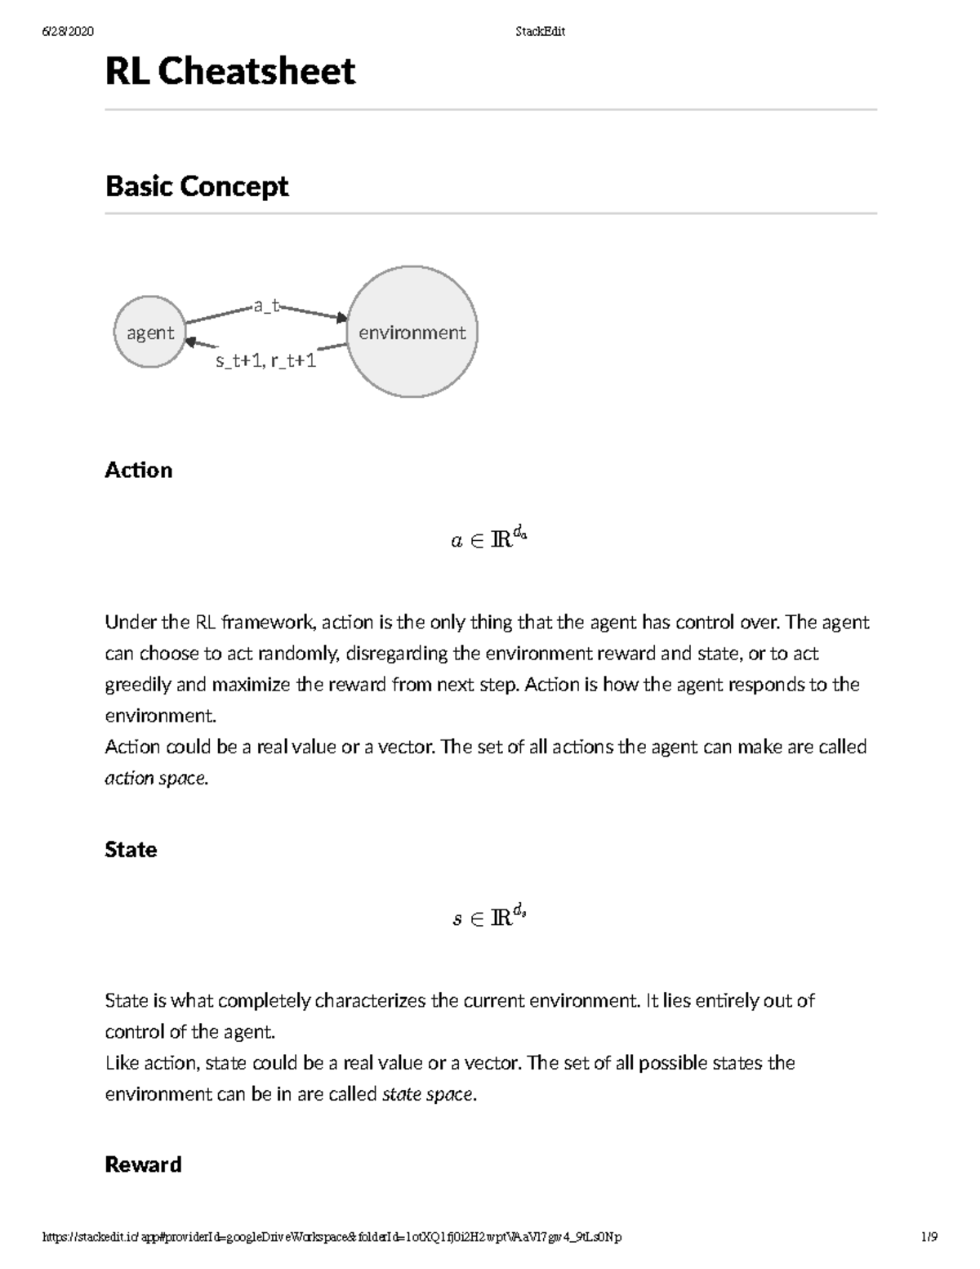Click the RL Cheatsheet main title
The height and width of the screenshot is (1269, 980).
coord(230,72)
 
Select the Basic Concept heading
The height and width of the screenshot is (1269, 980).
coord(197,186)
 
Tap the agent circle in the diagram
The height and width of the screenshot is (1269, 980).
coord(150,332)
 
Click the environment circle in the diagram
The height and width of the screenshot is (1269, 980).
coord(412,332)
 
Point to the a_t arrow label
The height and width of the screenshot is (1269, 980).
coord(266,306)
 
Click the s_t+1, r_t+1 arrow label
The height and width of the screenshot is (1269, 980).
coord(265,360)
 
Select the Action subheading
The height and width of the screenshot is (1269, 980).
coord(139,470)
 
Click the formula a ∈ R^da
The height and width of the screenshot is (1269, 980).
coord(489,539)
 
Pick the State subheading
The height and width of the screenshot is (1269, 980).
coord(131,850)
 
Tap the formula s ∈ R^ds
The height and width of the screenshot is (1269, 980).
coord(489,918)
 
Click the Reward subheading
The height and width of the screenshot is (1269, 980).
coord(143,1164)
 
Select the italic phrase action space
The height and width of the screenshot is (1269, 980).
coord(156,778)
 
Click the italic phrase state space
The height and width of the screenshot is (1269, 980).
coord(428,1094)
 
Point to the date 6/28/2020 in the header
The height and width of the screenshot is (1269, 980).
coord(68,32)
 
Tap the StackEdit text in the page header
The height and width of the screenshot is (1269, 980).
coord(540,32)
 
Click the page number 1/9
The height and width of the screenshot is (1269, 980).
coord(929,1237)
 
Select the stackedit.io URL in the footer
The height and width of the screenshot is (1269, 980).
coord(332,1237)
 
